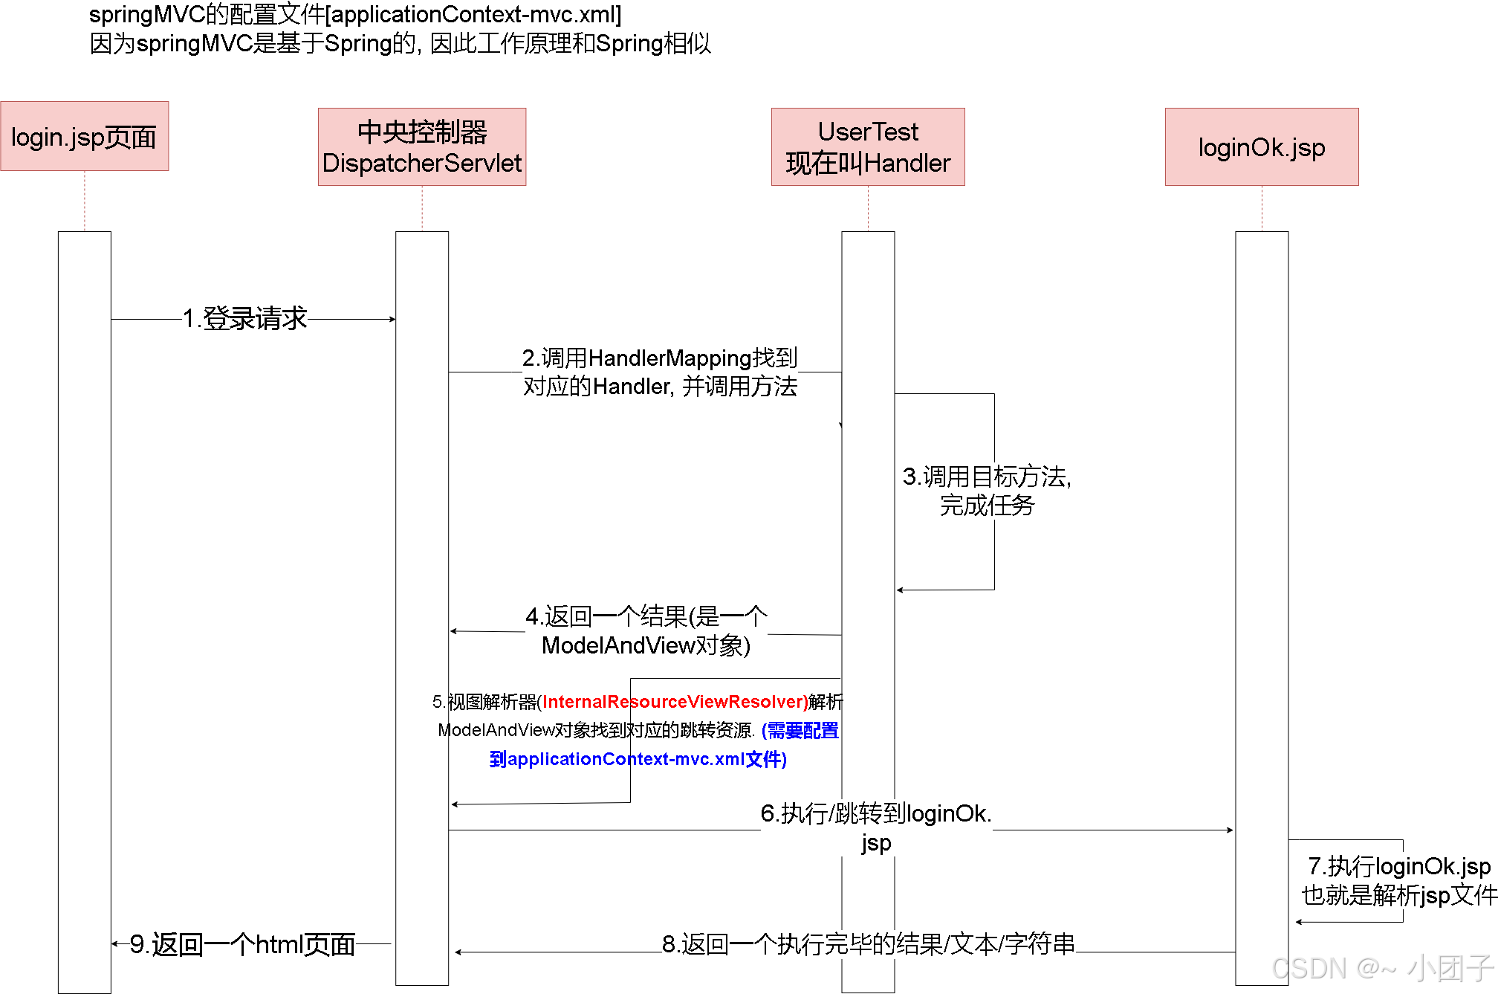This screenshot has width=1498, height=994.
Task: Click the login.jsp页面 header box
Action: [84, 137]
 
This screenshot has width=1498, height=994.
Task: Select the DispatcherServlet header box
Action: [422, 147]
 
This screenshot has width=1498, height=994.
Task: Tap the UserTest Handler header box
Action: [868, 147]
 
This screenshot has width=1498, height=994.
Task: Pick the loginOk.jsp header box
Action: [1262, 147]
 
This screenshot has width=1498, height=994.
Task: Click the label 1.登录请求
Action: [245, 318]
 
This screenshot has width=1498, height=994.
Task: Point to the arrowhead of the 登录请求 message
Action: [392, 319]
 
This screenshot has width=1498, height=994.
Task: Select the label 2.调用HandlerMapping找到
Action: [660, 358]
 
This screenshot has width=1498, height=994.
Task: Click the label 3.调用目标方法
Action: [987, 477]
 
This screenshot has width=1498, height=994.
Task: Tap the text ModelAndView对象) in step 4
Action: [646, 645]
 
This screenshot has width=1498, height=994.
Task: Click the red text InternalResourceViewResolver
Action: [675, 702]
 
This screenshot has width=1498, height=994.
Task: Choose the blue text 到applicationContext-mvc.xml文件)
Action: [638, 759]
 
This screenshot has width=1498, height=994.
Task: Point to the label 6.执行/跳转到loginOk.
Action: [875, 814]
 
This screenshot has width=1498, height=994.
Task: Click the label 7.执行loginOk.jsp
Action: [1398, 866]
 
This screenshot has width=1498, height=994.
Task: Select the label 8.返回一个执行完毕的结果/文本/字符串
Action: [868, 944]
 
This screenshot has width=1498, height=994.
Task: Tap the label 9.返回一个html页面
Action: [242, 944]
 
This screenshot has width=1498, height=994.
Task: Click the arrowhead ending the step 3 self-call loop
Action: [900, 590]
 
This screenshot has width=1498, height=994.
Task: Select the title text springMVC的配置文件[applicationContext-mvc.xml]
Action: [355, 14]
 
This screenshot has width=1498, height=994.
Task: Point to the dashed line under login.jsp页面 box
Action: [85, 201]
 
